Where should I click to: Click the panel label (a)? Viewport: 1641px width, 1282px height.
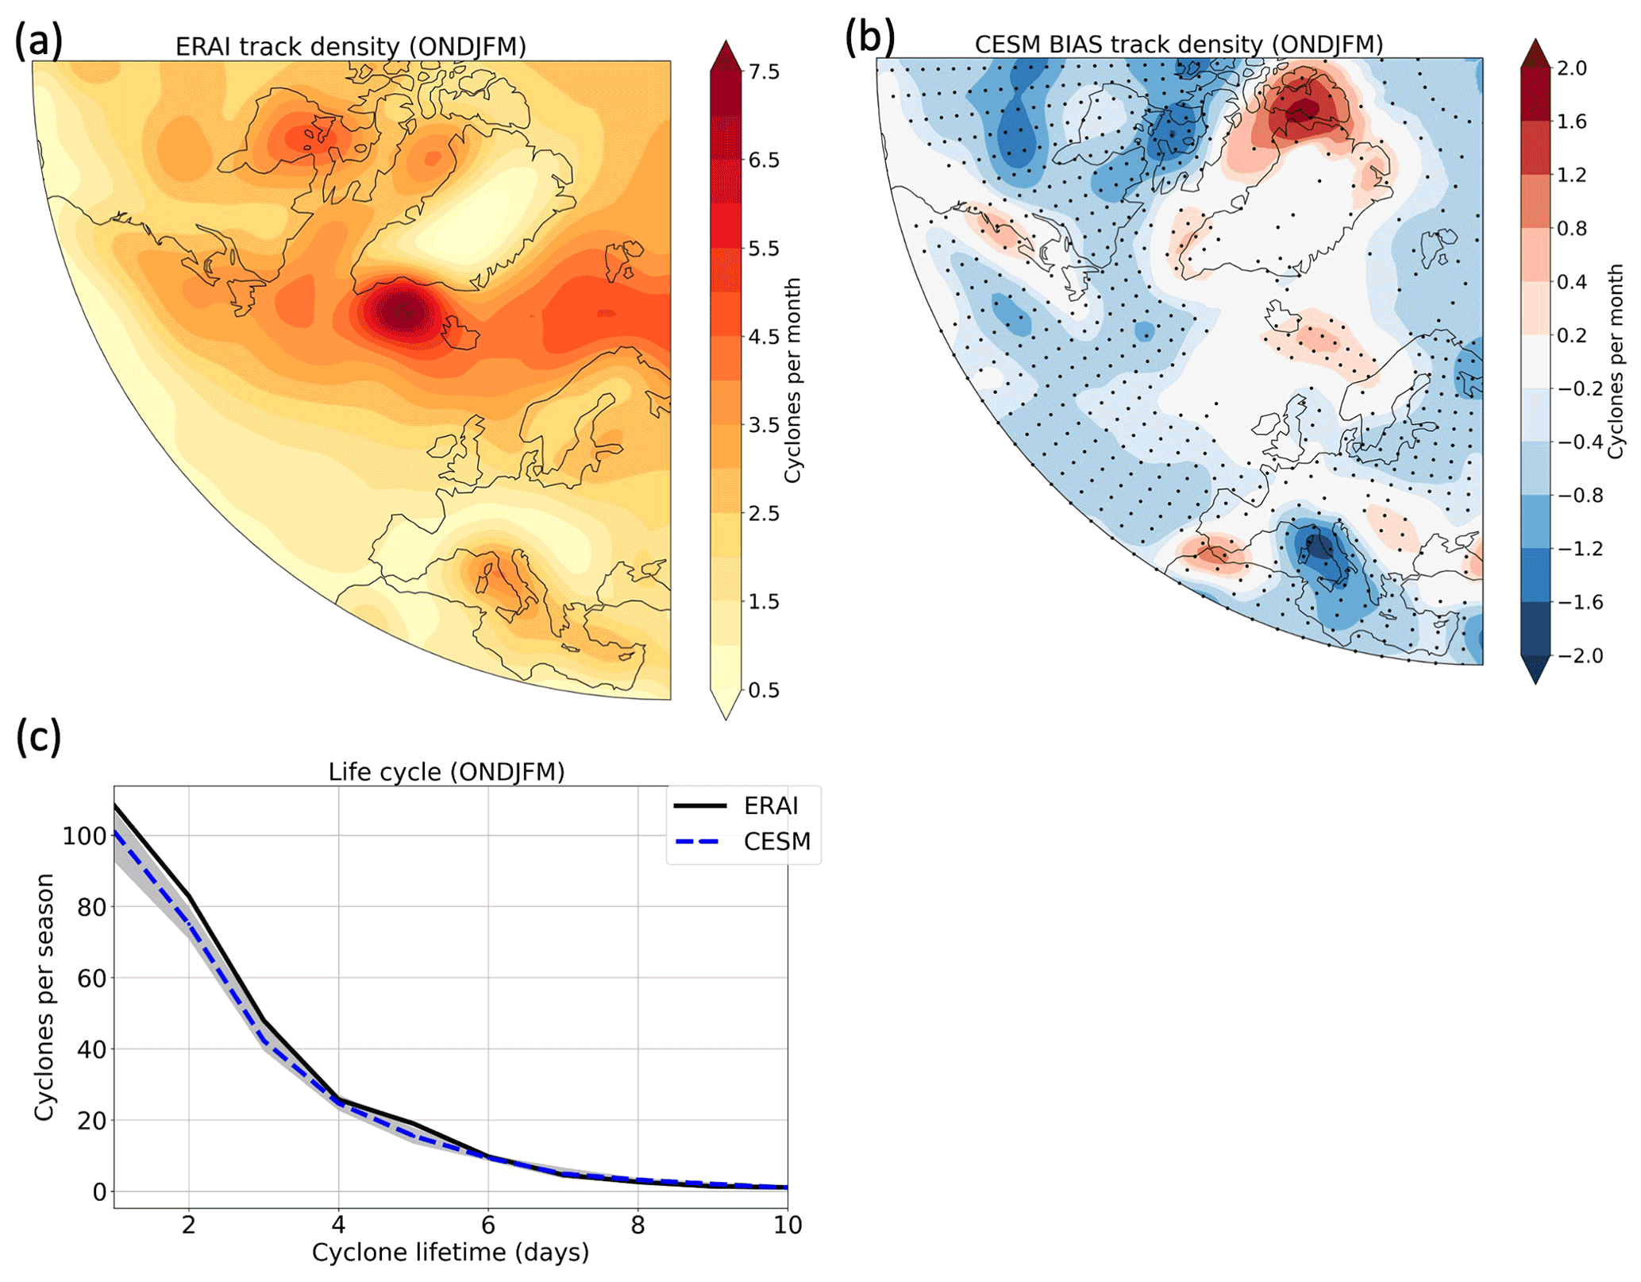[x=38, y=41]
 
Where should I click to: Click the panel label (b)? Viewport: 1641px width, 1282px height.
[x=869, y=37]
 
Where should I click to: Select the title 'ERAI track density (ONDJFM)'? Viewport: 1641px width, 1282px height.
[x=350, y=47]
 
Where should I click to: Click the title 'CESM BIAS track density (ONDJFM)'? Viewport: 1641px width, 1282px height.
[x=1178, y=44]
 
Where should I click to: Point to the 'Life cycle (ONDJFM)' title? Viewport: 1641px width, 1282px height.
[x=446, y=772]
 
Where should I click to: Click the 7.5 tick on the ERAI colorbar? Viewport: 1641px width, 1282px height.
[x=764, y=72]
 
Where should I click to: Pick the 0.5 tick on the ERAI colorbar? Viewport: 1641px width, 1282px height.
[x=764, y=690]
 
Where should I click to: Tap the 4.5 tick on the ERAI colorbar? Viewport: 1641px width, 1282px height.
[x=764, y=337]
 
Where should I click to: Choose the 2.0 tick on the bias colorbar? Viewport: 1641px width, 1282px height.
[x=1571, y=68]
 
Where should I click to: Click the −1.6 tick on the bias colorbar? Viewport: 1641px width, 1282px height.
[x=1579, y=602]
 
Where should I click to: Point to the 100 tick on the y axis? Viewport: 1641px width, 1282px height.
[x=84, y=836]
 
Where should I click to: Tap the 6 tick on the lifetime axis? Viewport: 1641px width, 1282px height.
[x=488, y=1226]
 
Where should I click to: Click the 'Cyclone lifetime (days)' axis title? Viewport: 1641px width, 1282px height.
[x=450, y=1253]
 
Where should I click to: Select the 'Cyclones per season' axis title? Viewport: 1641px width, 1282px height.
[x=44, y=997]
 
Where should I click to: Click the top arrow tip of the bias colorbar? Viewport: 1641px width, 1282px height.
[x=1535, y=41]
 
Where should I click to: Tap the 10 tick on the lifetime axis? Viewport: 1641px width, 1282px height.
[x=788, y=1226]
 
